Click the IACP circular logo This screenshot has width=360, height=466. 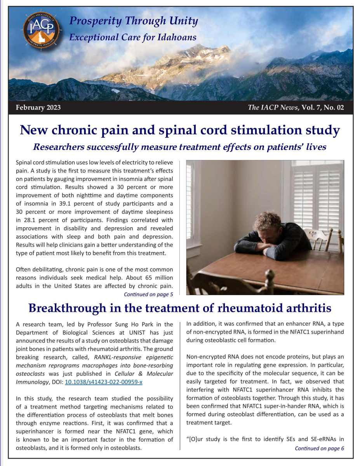(x=41, y=31)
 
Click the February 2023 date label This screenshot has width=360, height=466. (x=38, y=108)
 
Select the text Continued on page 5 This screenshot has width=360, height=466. (x=148, y=294)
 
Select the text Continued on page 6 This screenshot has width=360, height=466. (x=319, y=448)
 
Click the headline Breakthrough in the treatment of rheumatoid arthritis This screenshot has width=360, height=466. (x=180, y=308)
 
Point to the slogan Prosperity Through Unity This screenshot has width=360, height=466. (x=133, y=21)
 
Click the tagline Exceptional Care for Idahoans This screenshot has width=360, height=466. (x=132, y=37)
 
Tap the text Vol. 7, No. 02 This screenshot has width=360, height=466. (x=322, y=108)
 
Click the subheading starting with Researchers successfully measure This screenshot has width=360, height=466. (x=180, y=148)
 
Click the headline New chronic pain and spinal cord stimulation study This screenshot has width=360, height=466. (x=180, y=130)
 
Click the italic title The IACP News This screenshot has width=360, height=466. (x=271, y=108)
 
